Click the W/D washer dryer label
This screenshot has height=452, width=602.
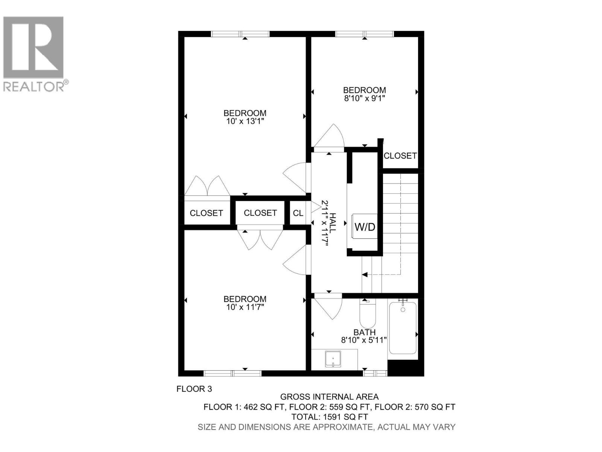365,227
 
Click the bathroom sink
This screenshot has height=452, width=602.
333,359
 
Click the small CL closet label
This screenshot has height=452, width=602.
298,213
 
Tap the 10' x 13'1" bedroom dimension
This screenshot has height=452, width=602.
245,121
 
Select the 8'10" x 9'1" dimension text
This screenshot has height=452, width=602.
364,98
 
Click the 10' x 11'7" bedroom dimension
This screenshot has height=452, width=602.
245,307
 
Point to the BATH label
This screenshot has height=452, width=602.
364,332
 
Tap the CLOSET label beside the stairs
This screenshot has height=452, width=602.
400,156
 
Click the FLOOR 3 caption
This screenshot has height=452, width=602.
194,389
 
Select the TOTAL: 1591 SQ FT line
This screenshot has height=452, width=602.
329,417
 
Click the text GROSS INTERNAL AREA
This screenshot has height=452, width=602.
329,397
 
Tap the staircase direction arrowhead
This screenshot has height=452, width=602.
365,275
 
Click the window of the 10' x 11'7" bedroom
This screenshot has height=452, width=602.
233,373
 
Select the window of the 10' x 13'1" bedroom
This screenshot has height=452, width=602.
240,34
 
